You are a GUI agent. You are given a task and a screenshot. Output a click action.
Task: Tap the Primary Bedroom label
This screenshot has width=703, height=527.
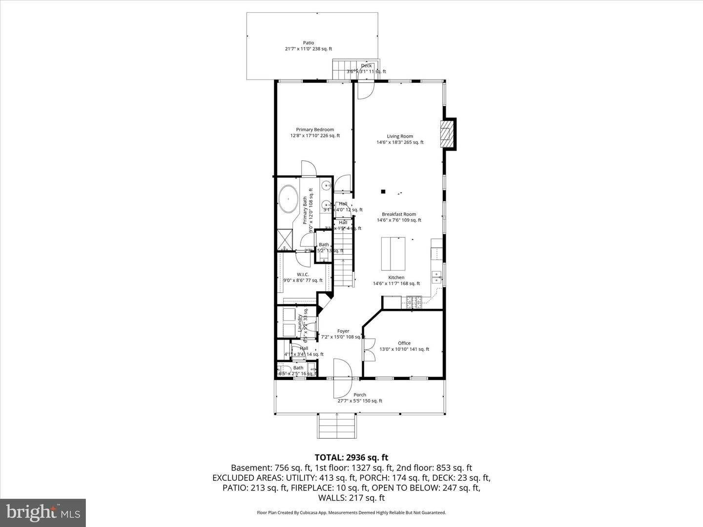315,133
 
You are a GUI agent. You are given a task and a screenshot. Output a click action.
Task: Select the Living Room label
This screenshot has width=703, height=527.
400,140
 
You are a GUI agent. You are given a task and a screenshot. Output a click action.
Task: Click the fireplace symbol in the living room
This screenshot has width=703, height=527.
446,134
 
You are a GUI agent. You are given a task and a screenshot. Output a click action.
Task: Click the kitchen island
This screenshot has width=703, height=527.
393,253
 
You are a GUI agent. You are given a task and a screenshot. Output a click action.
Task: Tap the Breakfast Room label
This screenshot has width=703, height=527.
399,217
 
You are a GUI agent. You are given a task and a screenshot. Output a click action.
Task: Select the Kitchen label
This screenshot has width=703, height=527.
396,280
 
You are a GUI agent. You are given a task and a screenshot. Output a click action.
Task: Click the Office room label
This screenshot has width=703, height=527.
404,346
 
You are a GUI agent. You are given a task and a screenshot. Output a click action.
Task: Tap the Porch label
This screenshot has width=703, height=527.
360,398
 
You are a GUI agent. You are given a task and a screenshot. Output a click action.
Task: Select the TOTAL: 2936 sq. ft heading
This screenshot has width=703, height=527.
351,457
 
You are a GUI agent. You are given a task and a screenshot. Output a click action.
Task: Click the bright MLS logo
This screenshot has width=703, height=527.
43,512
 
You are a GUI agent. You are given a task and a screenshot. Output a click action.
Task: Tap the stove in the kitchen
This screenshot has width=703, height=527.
414,303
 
